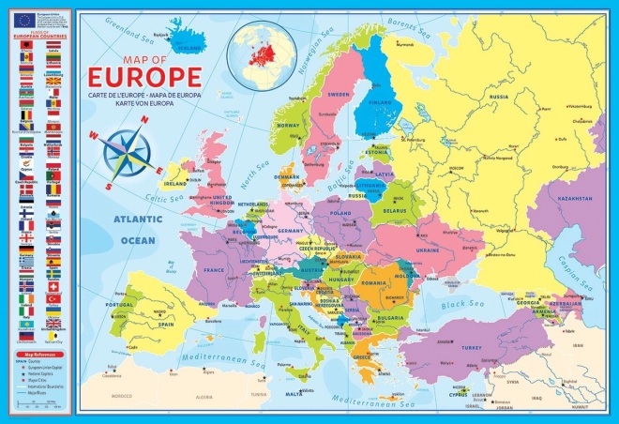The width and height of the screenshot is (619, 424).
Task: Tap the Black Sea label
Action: click(x=467, y=304)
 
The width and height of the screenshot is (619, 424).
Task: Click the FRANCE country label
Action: click(x=215, y=269)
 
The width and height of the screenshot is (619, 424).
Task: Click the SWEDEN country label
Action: click(x=338, y=95)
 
